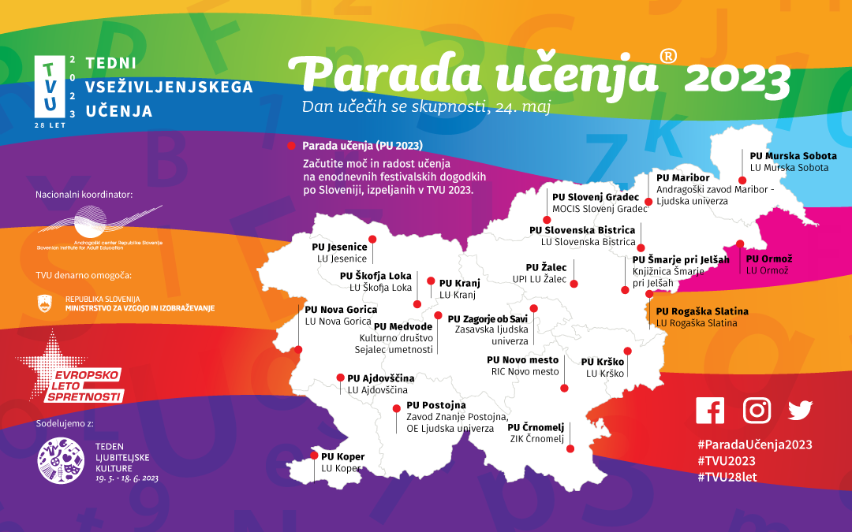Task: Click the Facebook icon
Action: tap(710, 410)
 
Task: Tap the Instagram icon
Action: tap(757, 410)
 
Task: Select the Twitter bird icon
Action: tap(800, 410)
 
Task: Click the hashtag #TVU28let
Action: tap(727, 478)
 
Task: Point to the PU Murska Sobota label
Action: tap(793, 156)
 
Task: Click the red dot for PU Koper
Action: tap(314, 456)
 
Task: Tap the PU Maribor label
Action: tap(683, 177)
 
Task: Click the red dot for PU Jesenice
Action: tap(373, 239)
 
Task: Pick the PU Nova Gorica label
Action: tap(341, 310)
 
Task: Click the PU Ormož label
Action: tap(769, 259)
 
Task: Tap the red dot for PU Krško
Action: tap(627, 351)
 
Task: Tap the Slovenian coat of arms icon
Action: tap(46, 303)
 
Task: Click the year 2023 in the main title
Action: tap(738, 77)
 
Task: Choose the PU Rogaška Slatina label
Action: tap(702, 311)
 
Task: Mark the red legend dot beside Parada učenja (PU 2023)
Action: tap(292, 146)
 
